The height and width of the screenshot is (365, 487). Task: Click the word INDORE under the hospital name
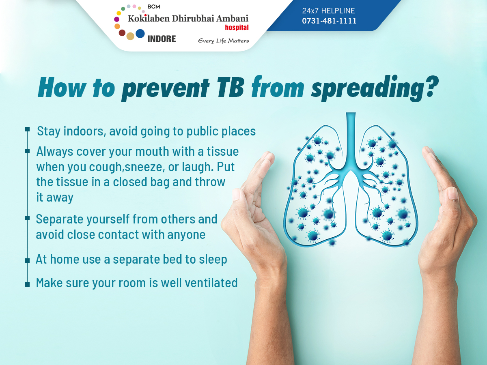[x=162, y=39]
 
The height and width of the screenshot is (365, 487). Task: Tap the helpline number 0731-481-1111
[x=329, y=21]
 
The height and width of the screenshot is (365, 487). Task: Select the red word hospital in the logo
[x=237, y=28]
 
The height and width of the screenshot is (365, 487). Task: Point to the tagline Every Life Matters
[x=224, y=41]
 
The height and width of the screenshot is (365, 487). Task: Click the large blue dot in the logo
[x=140, y=34]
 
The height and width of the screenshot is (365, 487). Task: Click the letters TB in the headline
[x=231, y=87]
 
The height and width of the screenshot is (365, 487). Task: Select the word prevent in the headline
[x=165, y=89]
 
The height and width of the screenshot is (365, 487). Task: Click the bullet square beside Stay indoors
[x=27, y=129]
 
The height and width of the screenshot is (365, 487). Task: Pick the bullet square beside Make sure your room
[x=27, y=284]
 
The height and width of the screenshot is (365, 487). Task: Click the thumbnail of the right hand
[x=453, y=194]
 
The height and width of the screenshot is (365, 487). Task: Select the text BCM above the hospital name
[x=154, y=7]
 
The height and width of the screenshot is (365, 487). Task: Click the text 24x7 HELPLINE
[x=328, y=11]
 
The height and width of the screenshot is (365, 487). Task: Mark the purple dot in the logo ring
[x=117, y=19]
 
